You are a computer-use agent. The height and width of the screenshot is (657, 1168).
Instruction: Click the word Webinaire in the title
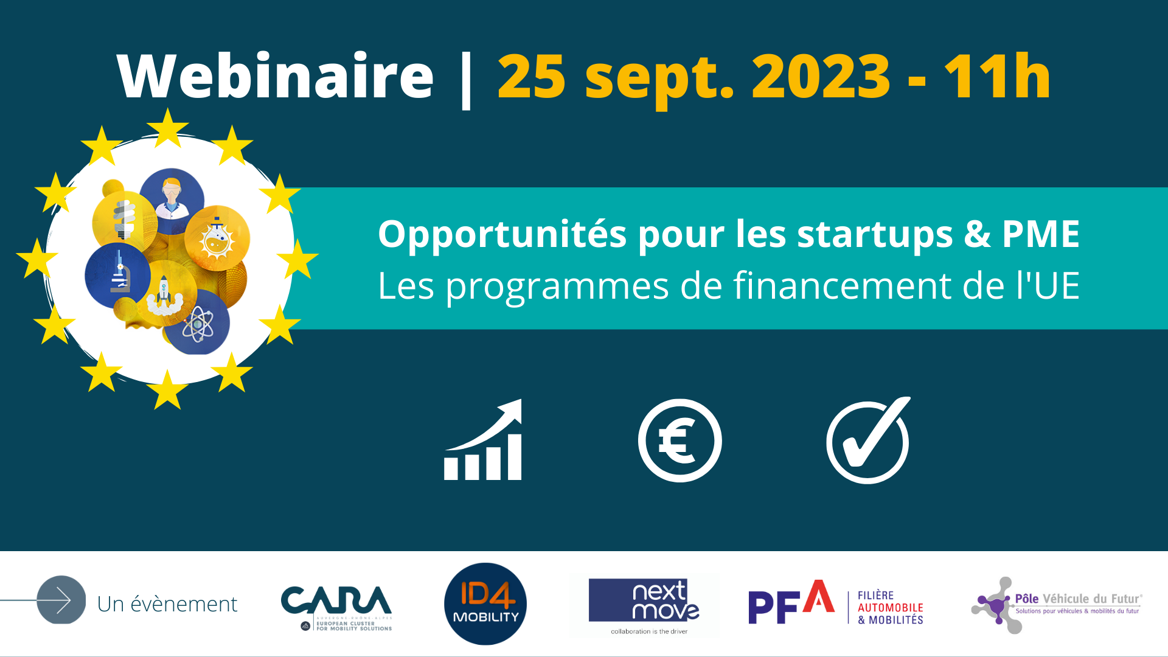275,77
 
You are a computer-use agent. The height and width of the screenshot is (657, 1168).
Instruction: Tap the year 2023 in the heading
821,77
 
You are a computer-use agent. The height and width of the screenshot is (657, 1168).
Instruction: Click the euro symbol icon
680,440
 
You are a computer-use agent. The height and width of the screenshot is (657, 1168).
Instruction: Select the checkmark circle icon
867,440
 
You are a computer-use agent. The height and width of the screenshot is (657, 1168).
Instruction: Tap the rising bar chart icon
484,440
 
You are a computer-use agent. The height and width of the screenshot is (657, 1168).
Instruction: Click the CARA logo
336,605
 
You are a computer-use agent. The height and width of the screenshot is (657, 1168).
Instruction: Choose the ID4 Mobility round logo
485,603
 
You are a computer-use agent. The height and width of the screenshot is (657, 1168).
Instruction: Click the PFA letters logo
791,603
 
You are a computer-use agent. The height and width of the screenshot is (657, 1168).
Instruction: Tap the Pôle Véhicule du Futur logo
1057,605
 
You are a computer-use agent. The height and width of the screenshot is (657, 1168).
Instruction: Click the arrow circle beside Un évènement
61,600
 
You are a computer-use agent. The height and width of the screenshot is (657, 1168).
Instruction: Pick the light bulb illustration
124,219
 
